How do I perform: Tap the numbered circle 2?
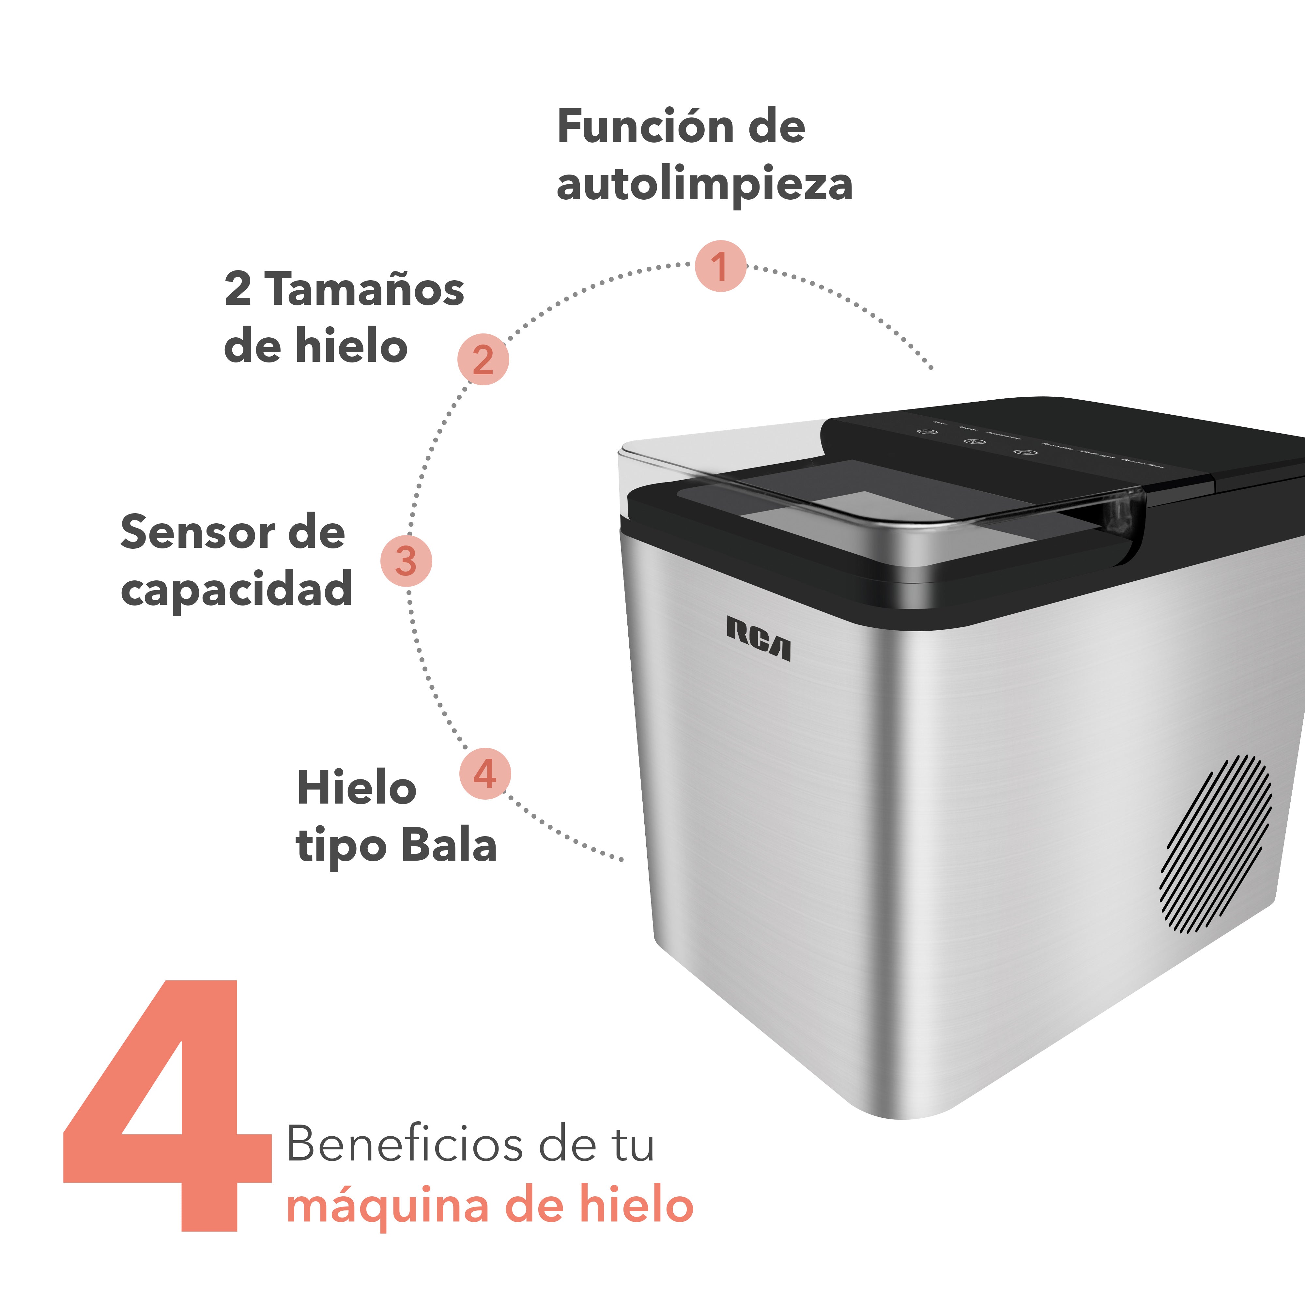coord(483,359)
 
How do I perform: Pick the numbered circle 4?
coord(485,774)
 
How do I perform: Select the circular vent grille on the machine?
coord(1216,844)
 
